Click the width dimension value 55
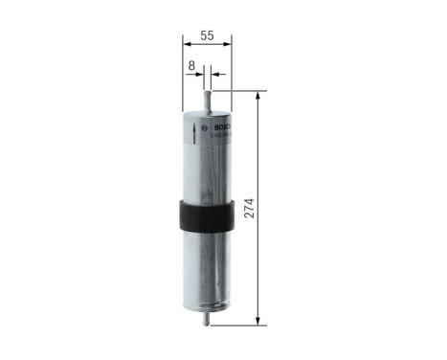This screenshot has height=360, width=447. (x=206, y=35)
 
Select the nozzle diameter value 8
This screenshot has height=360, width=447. (x=192, y=66)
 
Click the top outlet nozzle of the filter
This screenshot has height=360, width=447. (x=207, y=93)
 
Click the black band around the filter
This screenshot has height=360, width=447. (x=206, y=215)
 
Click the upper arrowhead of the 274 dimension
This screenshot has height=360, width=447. (x=258, y=96)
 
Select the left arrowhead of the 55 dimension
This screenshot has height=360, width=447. (x=185, y=46)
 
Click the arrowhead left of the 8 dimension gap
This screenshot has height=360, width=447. (x=199, y=74)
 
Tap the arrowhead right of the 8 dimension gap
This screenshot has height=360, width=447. (x=214, y=74)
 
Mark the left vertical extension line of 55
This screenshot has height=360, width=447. (x=181, y=77)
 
